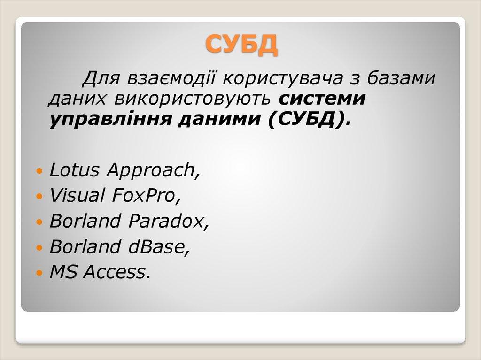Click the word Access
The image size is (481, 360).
[x=117, y=272]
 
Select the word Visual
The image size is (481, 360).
[x=77, y=196]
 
